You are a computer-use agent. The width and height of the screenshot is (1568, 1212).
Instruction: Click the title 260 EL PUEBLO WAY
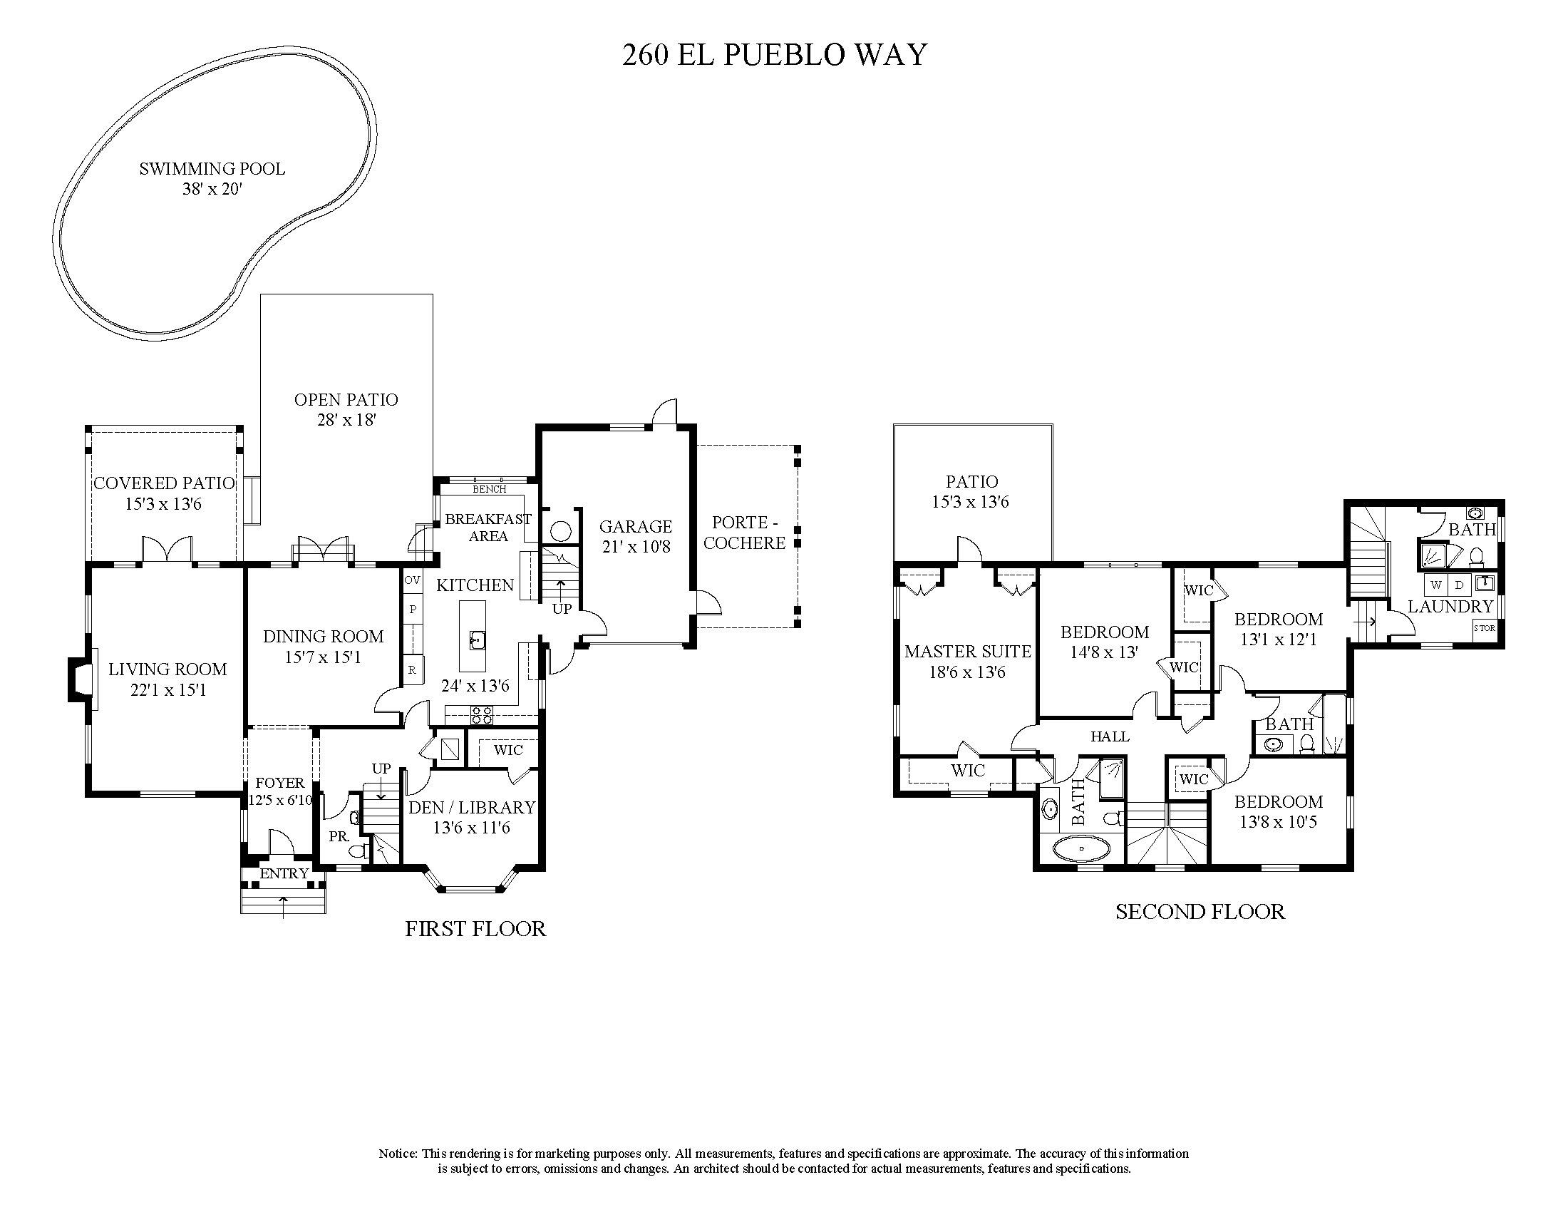click(774, 56)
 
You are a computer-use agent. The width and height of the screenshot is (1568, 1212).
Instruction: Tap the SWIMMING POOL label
click(212, 170)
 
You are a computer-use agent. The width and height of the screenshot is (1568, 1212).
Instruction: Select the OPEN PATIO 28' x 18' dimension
click(347, 420)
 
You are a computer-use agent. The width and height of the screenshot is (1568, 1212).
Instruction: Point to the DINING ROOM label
click(323, 636)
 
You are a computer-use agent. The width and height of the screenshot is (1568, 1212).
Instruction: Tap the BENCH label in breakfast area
click(489, 489)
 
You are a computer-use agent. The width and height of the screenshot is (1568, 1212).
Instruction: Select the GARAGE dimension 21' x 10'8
click(636, 547)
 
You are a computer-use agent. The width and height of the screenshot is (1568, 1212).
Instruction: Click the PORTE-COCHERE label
click(744, 533)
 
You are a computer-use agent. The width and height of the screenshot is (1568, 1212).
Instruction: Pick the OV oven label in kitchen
click(412, 580)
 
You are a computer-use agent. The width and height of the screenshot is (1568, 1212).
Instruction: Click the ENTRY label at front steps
click(284, 874)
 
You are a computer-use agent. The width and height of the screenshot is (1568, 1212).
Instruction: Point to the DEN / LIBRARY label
click(472, 807)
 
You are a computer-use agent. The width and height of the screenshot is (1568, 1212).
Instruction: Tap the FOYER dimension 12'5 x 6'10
click(280, 800)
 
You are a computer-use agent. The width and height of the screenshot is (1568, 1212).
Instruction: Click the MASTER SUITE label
click(967, 651)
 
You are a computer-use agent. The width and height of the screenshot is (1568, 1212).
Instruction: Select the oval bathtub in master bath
click(1081, 850)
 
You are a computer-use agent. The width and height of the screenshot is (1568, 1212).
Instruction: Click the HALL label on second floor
click(1110, 736)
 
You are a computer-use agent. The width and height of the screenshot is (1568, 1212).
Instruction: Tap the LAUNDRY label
click(1450, 606)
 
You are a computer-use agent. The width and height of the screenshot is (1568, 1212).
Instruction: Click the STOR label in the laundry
click(1484, 628)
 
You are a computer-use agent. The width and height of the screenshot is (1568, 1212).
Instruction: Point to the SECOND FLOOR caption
click(1200, 912)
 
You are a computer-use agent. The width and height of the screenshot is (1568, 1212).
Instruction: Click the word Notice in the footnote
click(398, 1154)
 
